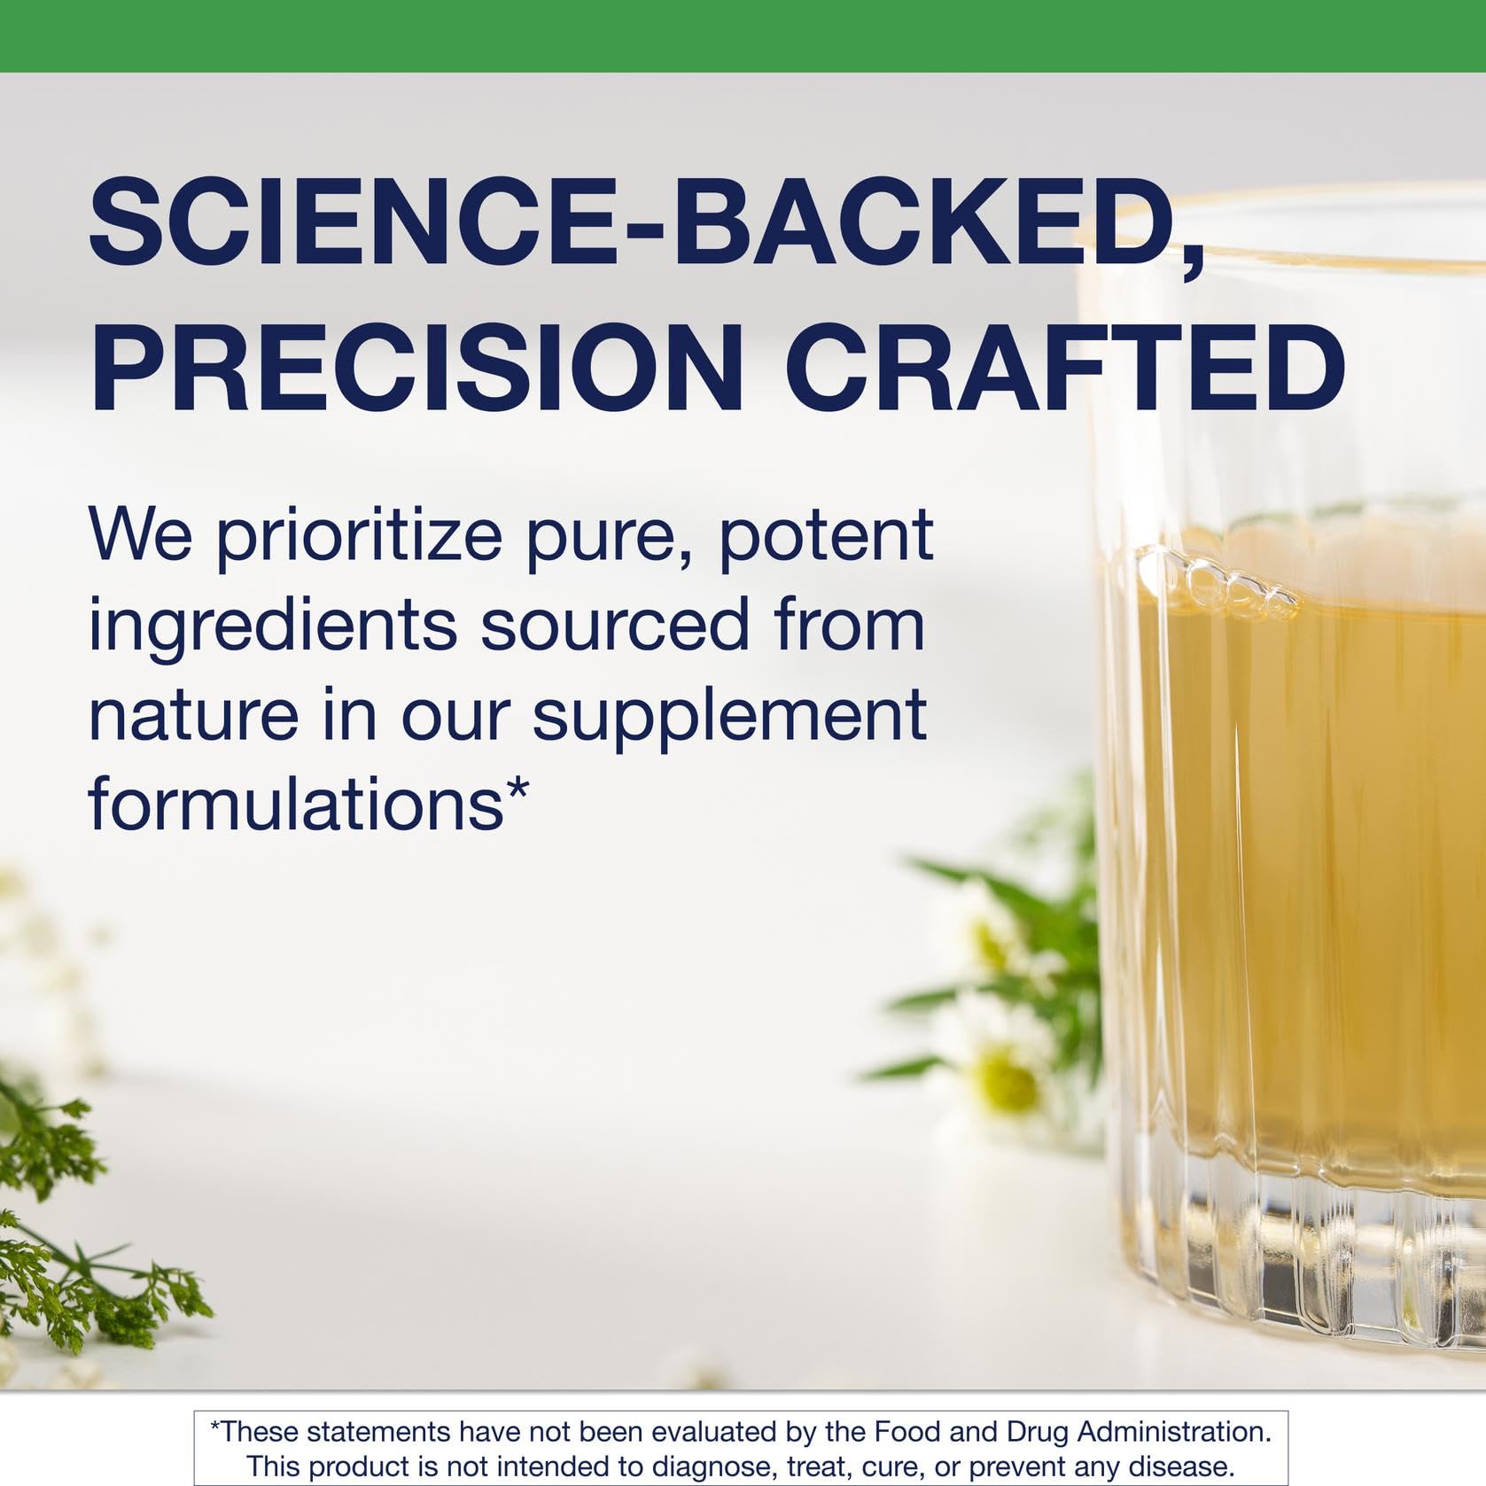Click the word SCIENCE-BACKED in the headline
point(620,222)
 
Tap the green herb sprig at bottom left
point(62,1276)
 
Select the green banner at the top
point(743,35)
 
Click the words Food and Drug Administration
point(1072,1431)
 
